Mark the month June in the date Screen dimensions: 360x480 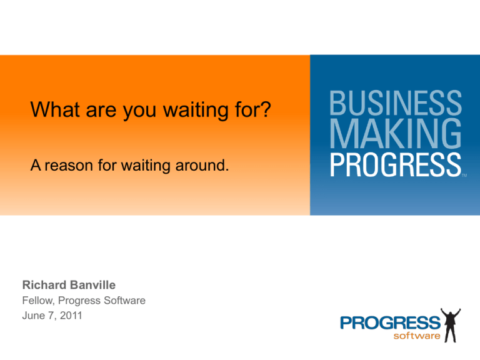pyautogui.click(x=32, y=316)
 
